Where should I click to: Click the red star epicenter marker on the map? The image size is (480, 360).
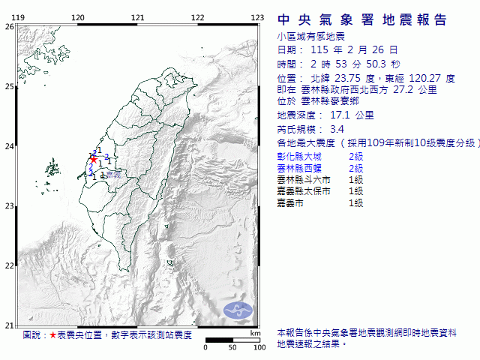93,159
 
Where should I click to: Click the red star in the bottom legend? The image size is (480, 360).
52,335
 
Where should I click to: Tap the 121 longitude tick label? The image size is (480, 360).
137,17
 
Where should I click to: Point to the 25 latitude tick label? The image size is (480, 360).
9,86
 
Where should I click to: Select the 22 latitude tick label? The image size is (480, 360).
9,265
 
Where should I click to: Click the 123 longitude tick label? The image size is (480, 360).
257,17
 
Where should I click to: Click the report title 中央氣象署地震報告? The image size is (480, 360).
362,19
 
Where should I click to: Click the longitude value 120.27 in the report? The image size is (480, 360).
423,77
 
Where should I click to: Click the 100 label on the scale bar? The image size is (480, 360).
259,348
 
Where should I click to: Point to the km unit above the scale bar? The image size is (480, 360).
255,332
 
